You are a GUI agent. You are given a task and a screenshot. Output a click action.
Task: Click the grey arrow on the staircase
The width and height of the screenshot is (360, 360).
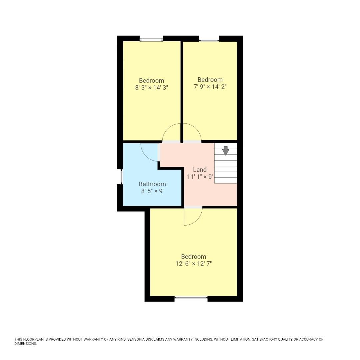click(226, 151)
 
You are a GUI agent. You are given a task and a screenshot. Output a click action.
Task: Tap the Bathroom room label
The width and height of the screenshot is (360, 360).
click(152, 184)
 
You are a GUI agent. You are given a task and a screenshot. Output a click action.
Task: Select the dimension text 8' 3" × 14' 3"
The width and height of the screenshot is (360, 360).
click(152, 88)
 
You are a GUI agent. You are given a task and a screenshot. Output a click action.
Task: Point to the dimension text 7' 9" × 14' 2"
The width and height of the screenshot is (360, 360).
click(210, 87)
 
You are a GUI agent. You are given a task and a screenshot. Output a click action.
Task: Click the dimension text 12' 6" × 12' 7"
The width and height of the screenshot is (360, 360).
click(194, 264)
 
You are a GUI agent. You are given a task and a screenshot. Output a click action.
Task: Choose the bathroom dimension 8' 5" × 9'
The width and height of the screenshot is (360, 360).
click(152, 191)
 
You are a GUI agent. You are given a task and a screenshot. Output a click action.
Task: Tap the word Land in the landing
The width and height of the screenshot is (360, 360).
click(200, 170)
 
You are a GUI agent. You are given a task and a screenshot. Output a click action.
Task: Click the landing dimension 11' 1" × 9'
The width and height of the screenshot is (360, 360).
click(200, 177)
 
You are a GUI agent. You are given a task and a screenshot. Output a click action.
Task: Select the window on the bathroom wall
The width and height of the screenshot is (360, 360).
click(121, 177)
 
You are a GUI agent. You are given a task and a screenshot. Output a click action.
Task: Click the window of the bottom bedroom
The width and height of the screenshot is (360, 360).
click(191, 297)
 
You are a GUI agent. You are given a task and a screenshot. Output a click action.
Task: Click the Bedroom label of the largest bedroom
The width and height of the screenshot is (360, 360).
click(194, 257)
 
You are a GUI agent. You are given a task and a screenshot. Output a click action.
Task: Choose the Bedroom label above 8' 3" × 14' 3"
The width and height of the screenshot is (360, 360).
click(152, 81)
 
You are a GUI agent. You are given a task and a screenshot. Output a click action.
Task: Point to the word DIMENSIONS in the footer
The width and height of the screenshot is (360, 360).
click(25, 344)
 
